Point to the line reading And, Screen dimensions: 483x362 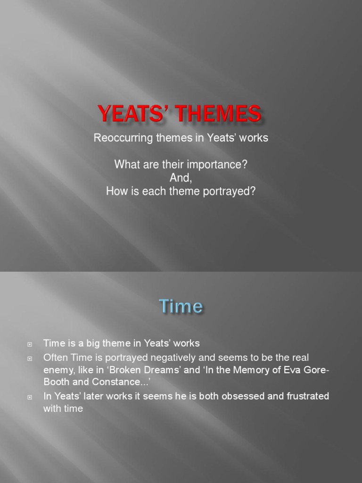click(181, 178)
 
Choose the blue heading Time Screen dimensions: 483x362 click(181, 307)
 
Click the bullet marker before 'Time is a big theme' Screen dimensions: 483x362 click(30, 344)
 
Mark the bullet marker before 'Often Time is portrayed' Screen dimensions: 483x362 click(30, 358)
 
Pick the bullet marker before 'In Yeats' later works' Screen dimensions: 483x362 click(30, 397)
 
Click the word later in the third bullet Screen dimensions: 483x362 click(91, 396)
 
